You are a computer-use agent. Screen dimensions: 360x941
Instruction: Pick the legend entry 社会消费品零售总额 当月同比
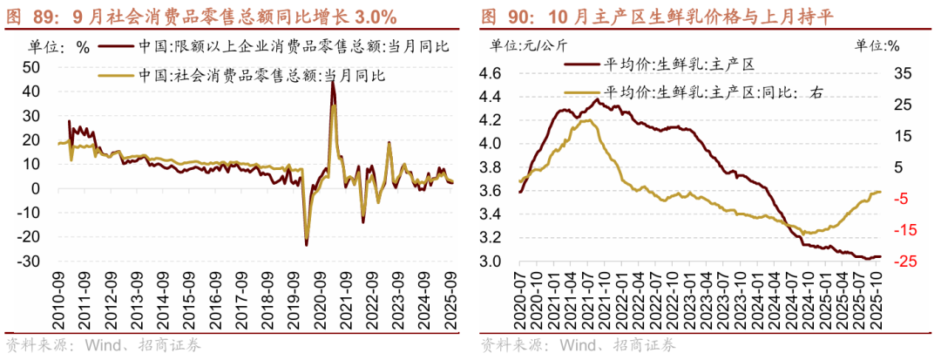[261, 75]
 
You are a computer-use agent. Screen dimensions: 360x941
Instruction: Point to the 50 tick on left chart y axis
[30, 67]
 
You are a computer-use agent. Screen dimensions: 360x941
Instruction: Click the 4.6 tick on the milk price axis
[491, 74]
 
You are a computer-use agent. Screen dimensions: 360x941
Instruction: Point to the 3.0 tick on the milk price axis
[491, 262]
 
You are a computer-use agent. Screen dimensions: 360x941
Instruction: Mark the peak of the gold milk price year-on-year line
[585, 120]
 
